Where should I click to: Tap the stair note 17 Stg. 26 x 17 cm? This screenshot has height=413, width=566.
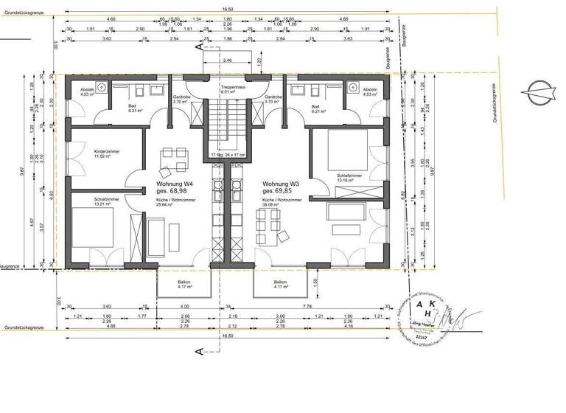227,156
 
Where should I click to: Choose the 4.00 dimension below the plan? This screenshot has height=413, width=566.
184,306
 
